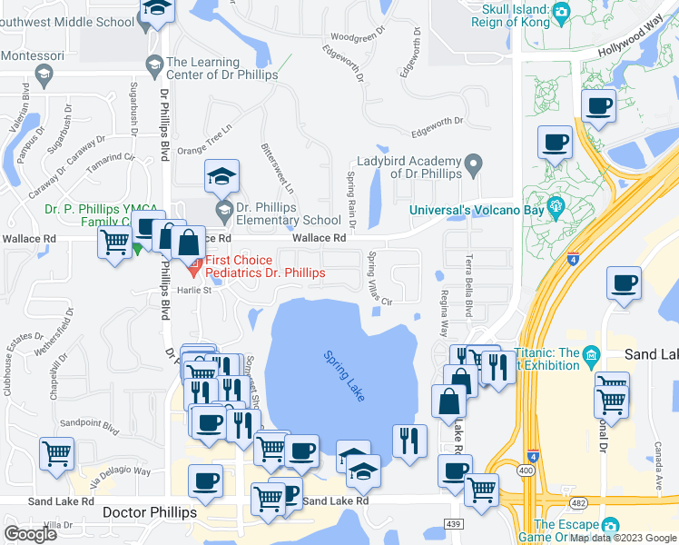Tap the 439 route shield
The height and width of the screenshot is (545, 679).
click(x=454, y=524)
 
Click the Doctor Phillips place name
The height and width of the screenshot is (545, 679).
click(x=150, y=512)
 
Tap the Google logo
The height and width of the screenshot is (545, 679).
click(x=30, y=533)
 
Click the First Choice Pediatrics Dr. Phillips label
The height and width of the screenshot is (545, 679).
click(x=261, y=266)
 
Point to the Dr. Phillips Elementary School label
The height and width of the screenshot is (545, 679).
click(x=289, y=213)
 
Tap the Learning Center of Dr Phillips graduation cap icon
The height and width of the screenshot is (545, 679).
click(x=153, y=64)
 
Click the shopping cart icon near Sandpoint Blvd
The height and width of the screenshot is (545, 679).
click(x=56, y=451)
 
